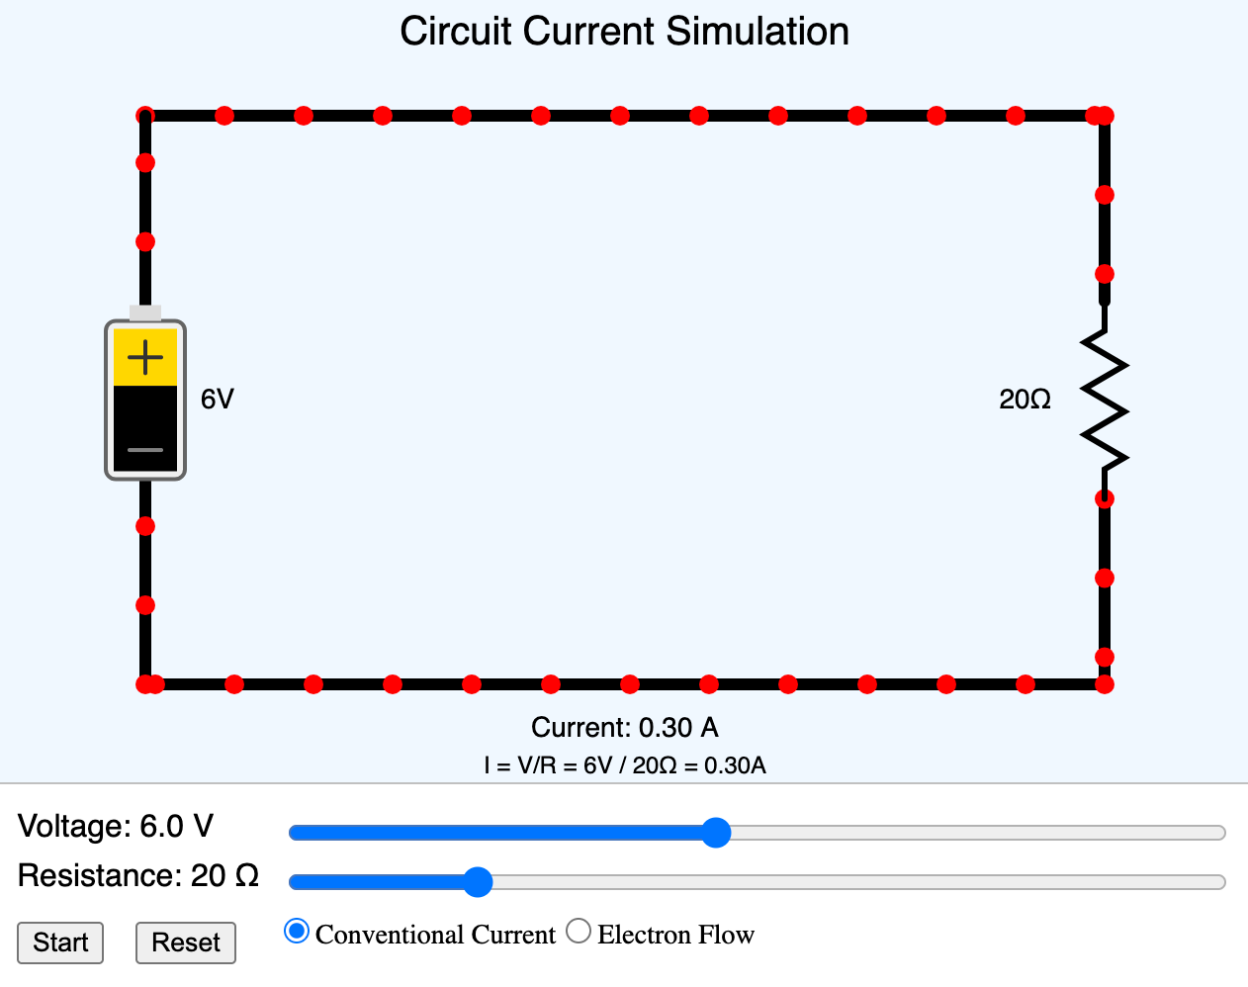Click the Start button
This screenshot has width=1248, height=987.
pos(60,942)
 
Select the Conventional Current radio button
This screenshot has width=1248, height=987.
pos(296,932)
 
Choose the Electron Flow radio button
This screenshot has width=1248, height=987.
pos(579,932)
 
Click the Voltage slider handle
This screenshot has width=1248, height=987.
pos(716,833)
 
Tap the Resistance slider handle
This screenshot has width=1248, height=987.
pos(478,881)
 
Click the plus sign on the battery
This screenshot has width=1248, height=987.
pos(145,357)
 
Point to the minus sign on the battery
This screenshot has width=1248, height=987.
pos(145,450)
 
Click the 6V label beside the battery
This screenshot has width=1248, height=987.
pos(218,399)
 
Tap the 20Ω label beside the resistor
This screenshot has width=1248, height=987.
pos(1025,400)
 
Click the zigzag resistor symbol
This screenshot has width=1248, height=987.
pos(1105,401)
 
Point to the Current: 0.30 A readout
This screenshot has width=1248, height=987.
pos(624,728)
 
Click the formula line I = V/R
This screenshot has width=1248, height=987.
pos(624,765)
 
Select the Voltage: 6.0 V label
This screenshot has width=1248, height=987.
pos(116,827)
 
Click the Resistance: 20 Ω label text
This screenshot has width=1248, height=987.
pos(138,876)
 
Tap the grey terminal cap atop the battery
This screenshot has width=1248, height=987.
pos(145,313)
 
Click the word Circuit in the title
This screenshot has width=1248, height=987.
pos(456,32)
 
